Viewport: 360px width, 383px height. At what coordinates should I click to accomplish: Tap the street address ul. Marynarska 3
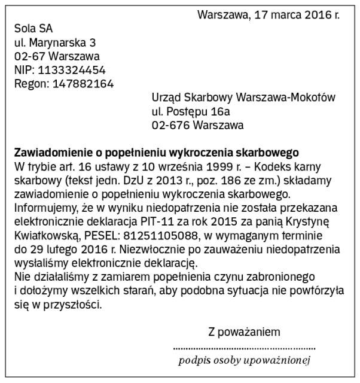click(54, 42)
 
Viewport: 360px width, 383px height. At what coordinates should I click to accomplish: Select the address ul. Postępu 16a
click(191, 111)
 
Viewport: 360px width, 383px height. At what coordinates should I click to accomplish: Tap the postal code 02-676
click(167, 125)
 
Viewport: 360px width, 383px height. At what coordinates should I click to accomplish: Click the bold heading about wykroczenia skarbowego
click(156, 153)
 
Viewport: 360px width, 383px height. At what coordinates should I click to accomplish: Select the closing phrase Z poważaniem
click(243, 331)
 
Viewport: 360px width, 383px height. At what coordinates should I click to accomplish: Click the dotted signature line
click(244, 348)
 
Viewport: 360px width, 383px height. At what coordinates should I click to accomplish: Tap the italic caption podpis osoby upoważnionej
click(244, 360)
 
